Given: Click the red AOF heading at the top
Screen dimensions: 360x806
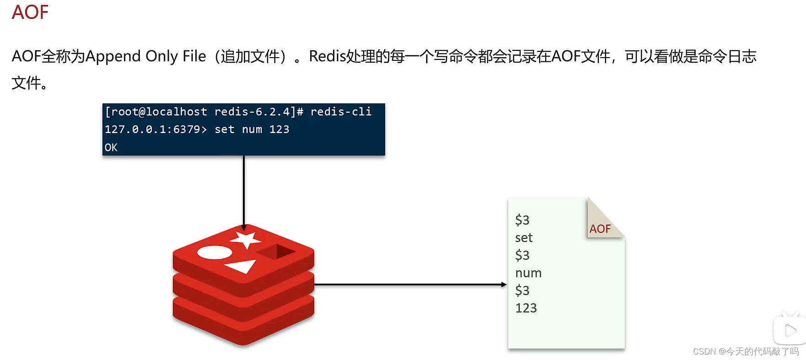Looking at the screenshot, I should click(x=30, y=12).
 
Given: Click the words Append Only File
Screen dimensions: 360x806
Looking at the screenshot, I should click(x=145, y=56).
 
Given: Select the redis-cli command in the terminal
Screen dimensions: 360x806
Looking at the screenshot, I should click(x=341, y=112).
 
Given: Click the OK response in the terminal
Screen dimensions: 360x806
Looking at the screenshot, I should click(x=111, y=147).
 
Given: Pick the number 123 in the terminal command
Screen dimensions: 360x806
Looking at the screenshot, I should click(x=279, y=129).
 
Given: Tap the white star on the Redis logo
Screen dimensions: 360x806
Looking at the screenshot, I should click(x=246, y=239).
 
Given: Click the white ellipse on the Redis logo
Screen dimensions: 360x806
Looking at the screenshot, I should click(x=214, y=252).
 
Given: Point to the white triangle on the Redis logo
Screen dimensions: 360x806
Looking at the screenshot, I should click(x=241, y=266).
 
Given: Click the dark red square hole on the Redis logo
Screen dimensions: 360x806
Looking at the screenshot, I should click(x=276, y=251).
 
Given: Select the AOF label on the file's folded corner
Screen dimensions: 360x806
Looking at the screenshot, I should click(x=600, y=229).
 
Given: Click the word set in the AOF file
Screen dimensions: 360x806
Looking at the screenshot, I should click(x=524, y=238).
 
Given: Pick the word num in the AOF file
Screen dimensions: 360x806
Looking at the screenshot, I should click(x=528, y=273).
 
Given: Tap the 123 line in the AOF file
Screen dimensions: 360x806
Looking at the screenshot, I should click(x=526, y=308).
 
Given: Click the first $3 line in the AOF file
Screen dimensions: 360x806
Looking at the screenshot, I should click(x=522, y=220).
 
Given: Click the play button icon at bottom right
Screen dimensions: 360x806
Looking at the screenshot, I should click(x=790, y=330).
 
